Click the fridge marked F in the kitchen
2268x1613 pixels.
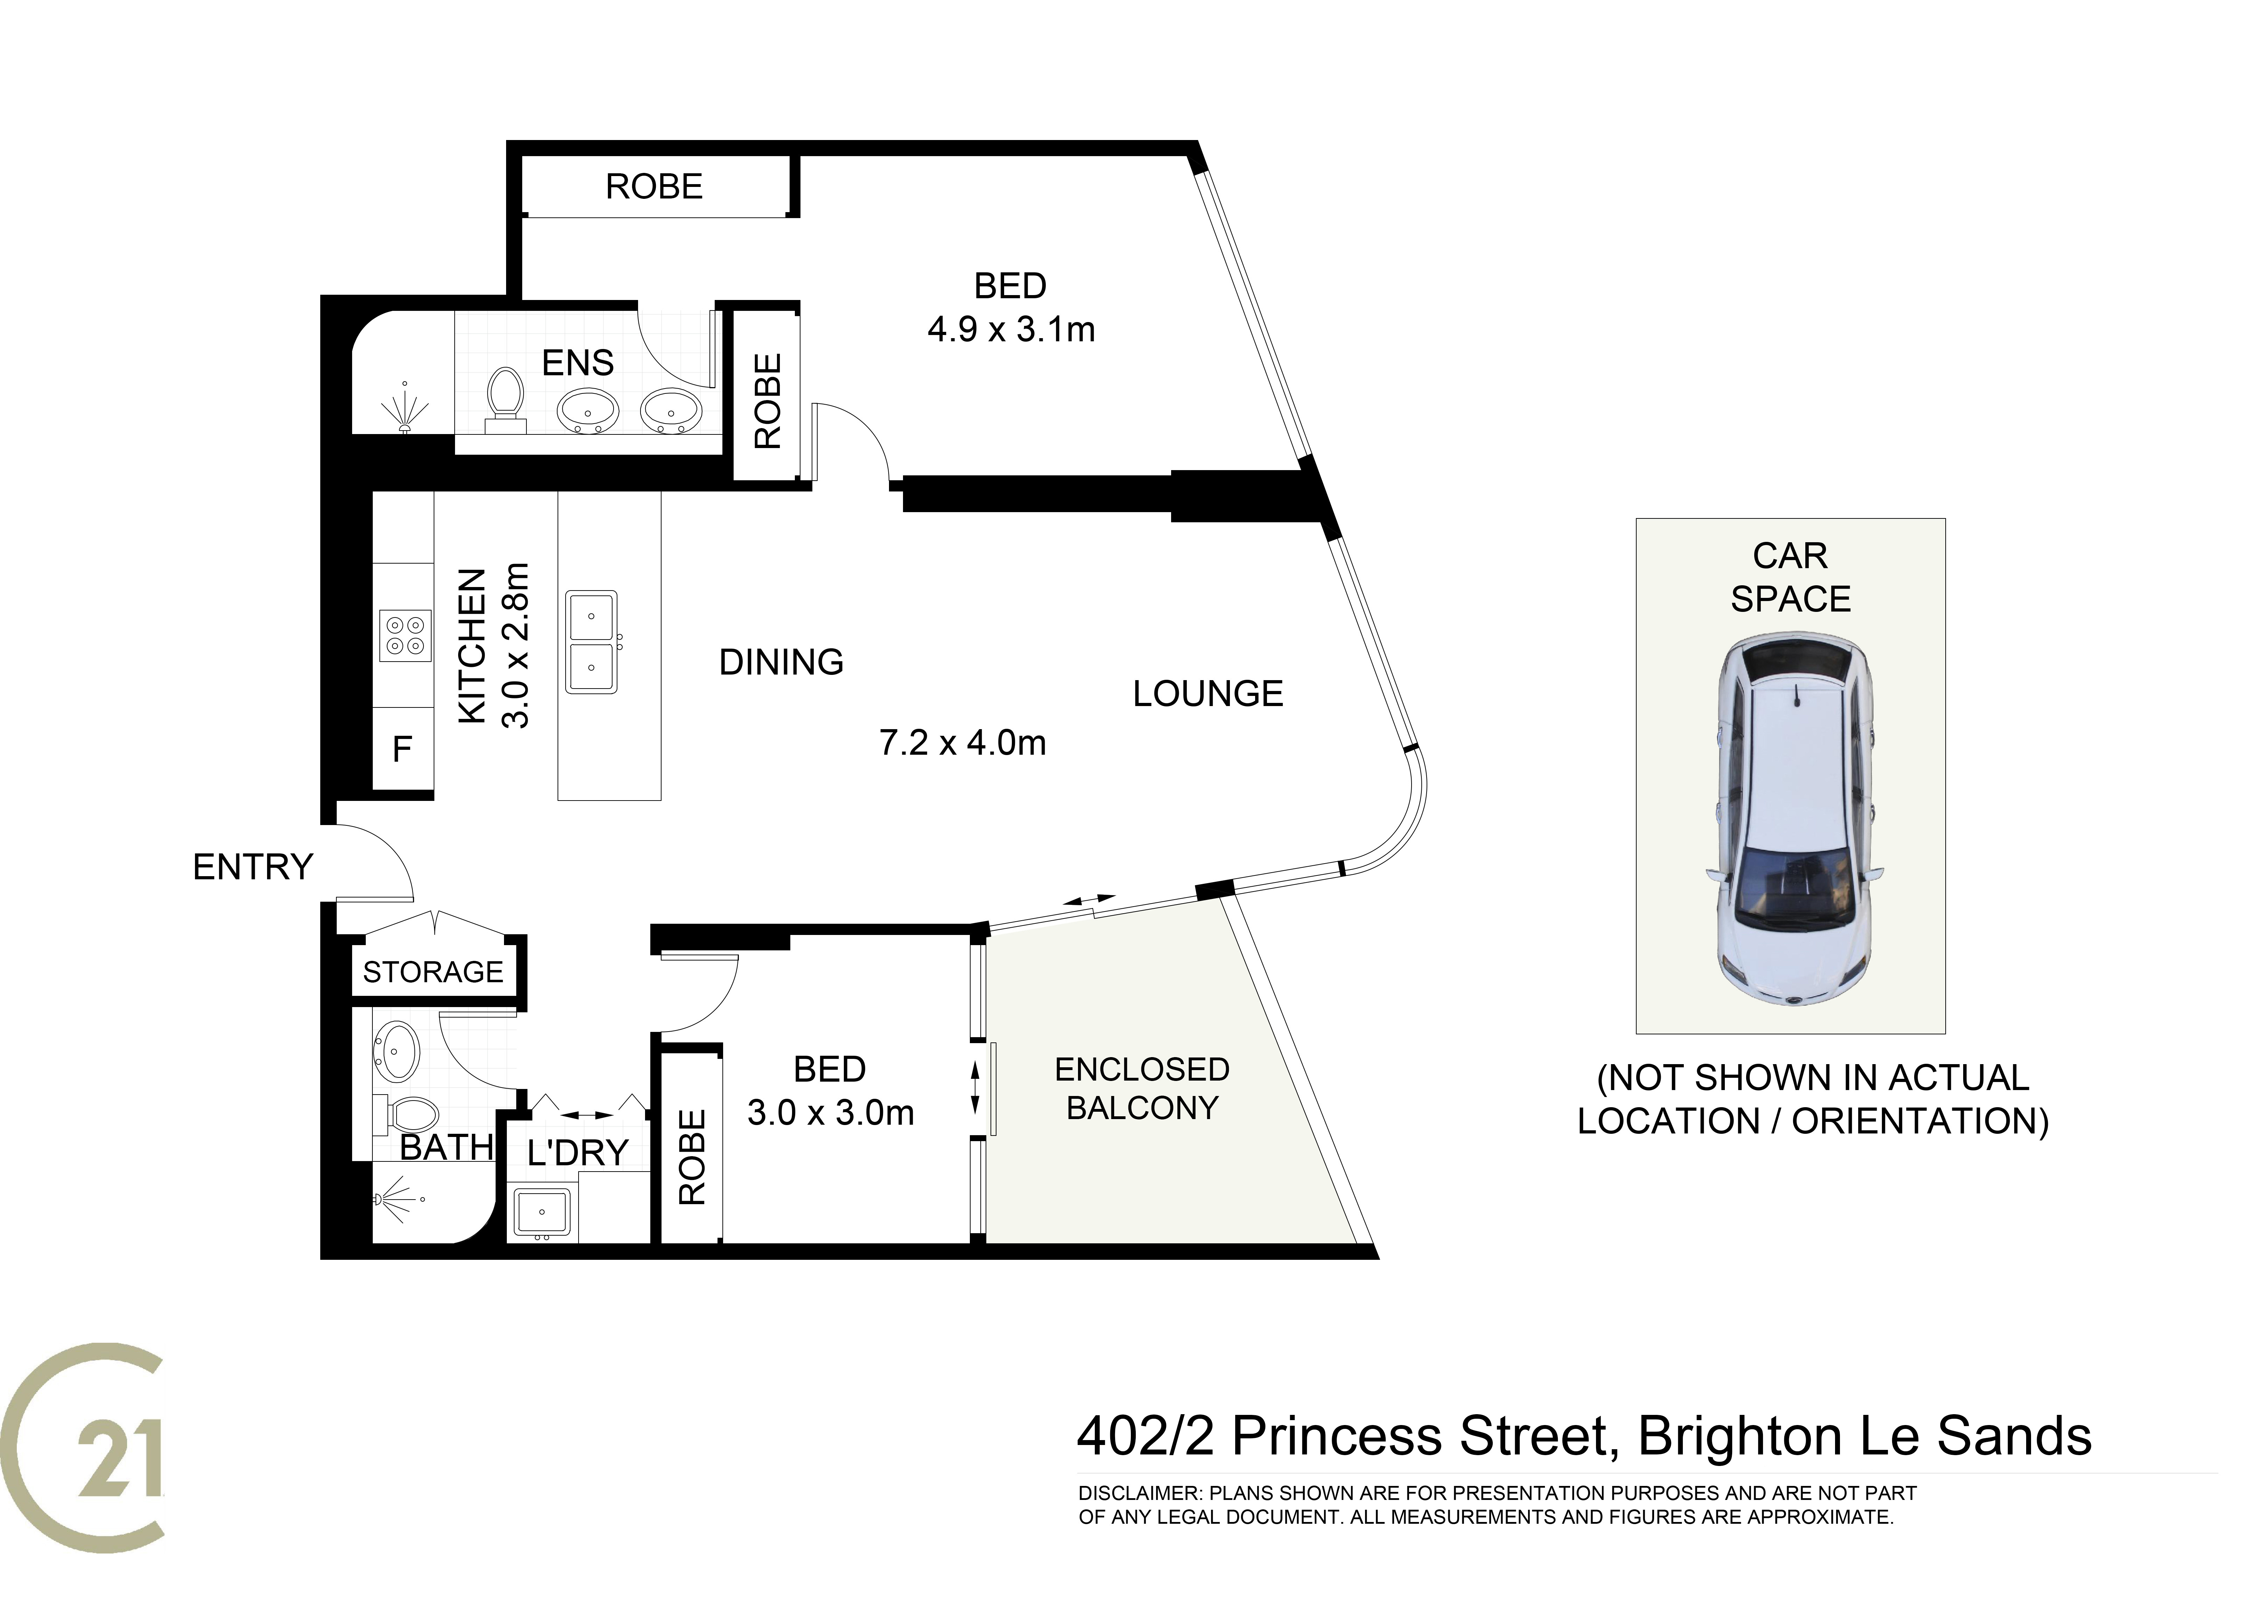coord(402,749)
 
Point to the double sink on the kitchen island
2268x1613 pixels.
coord(592,642)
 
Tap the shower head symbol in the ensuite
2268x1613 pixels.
coord(404,407)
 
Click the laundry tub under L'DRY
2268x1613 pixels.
coord(541,1213)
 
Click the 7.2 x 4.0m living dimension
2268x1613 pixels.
coord(962,743)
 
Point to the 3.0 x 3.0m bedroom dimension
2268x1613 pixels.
coord(830,1112)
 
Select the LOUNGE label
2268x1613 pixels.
coord(1207,693)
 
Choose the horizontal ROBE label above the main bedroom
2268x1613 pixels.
coord(654,187)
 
